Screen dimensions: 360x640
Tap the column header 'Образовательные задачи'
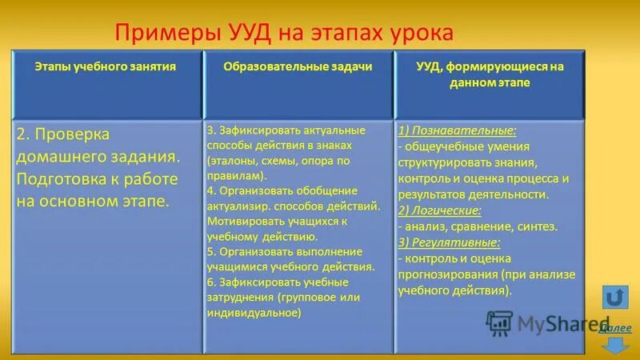[297, 67]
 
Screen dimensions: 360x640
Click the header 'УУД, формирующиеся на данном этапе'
[490, 74]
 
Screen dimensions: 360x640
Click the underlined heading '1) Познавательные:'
[457, 130]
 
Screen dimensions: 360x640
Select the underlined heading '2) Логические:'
[439, 210]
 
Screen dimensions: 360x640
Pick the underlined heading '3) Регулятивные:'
[449, 242]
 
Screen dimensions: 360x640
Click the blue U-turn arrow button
[614, 298]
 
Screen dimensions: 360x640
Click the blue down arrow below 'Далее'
[615, 346]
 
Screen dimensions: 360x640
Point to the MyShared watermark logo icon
[499, 322]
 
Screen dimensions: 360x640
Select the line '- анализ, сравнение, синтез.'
[478, 226]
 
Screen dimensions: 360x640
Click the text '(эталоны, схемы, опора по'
[278, 160]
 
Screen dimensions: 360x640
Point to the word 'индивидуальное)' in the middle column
[254, 313]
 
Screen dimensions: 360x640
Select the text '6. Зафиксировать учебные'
[277, 282]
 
